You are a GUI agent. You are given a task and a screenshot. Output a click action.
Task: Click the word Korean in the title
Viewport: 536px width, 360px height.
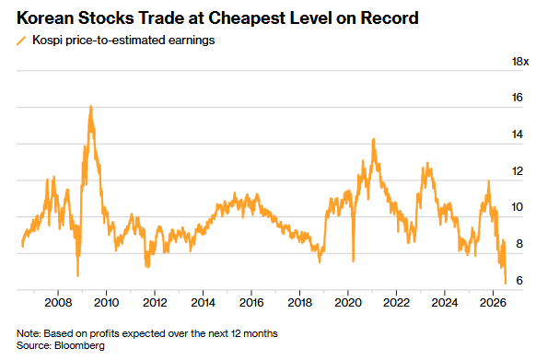pos(44,18)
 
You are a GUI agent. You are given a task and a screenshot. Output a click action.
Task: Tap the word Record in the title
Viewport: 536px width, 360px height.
pos(390,18)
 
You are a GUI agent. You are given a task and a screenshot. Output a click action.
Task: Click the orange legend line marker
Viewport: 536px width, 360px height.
pos(21,41)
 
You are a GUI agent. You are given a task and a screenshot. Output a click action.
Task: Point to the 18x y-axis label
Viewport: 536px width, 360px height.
pos(520,62)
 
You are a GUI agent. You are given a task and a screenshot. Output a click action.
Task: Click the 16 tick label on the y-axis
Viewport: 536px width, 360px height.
pos(518,98)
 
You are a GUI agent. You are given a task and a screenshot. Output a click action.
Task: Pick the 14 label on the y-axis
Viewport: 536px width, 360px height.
pos(518,134)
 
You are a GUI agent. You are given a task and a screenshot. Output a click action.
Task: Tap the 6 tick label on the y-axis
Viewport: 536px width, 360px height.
pos(519,280)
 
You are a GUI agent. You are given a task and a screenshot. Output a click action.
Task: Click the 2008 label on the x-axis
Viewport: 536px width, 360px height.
pos(58,303)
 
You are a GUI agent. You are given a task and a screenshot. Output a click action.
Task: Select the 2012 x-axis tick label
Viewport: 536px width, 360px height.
pos(155,303)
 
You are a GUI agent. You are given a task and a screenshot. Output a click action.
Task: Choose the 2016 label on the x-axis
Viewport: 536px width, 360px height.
pos(251,303)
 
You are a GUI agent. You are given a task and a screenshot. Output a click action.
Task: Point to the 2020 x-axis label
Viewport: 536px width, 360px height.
pos(348,303)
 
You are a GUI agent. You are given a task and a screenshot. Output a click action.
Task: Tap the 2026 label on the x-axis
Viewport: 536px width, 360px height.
pos(493,303)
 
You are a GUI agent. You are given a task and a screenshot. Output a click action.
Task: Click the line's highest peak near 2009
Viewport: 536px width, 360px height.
pos(91,106)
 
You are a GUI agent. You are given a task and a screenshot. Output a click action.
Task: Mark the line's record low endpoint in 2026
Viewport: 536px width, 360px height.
pos(506,283)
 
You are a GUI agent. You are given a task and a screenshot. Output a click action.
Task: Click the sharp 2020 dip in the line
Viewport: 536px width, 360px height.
pos(353,261)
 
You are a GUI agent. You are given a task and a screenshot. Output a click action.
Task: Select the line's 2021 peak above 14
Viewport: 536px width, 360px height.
pos(374,139)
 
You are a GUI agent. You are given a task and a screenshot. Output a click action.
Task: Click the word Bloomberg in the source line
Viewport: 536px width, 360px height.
pos(79,345)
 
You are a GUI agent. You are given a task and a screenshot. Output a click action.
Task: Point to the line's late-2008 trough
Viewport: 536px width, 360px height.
pos(78,275)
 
